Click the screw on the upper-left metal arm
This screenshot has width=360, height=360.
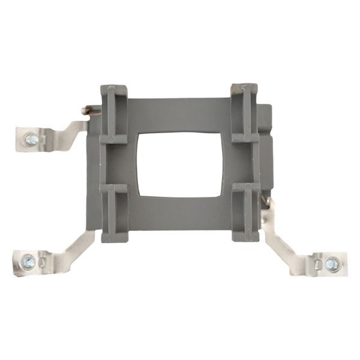[x=31, y=140]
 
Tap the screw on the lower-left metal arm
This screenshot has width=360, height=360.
[x=28, y=262]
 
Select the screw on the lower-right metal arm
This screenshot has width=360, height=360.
[x=332, y=263]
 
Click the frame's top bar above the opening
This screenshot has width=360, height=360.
[x=180, y=114]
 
